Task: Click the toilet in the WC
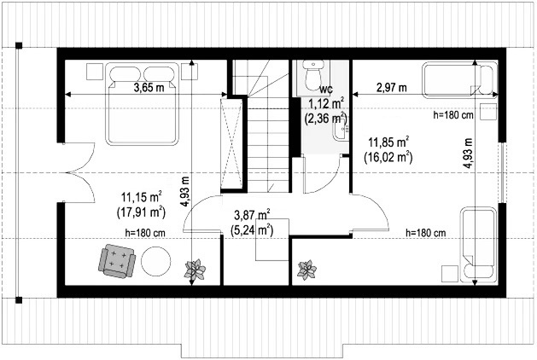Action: [313, 75]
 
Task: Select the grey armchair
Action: [117, 261]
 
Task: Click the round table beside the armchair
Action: [156, 261]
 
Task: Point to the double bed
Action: [143, 103]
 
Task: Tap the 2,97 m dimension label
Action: [392, 88]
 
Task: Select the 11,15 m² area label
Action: [141, 197]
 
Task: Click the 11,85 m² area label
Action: [388, 142]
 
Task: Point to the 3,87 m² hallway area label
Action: [252, 215]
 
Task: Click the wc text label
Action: [325, 90]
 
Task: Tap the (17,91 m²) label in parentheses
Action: [141, 212]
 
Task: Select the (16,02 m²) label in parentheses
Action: [388, 157]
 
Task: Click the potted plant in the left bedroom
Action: [196, 270]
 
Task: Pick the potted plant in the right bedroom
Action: [306, 270]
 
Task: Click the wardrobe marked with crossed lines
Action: [231, 143]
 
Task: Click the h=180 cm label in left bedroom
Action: [145, 233]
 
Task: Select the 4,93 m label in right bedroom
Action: [468, 153]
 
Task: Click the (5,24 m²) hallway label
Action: [252, 230]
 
